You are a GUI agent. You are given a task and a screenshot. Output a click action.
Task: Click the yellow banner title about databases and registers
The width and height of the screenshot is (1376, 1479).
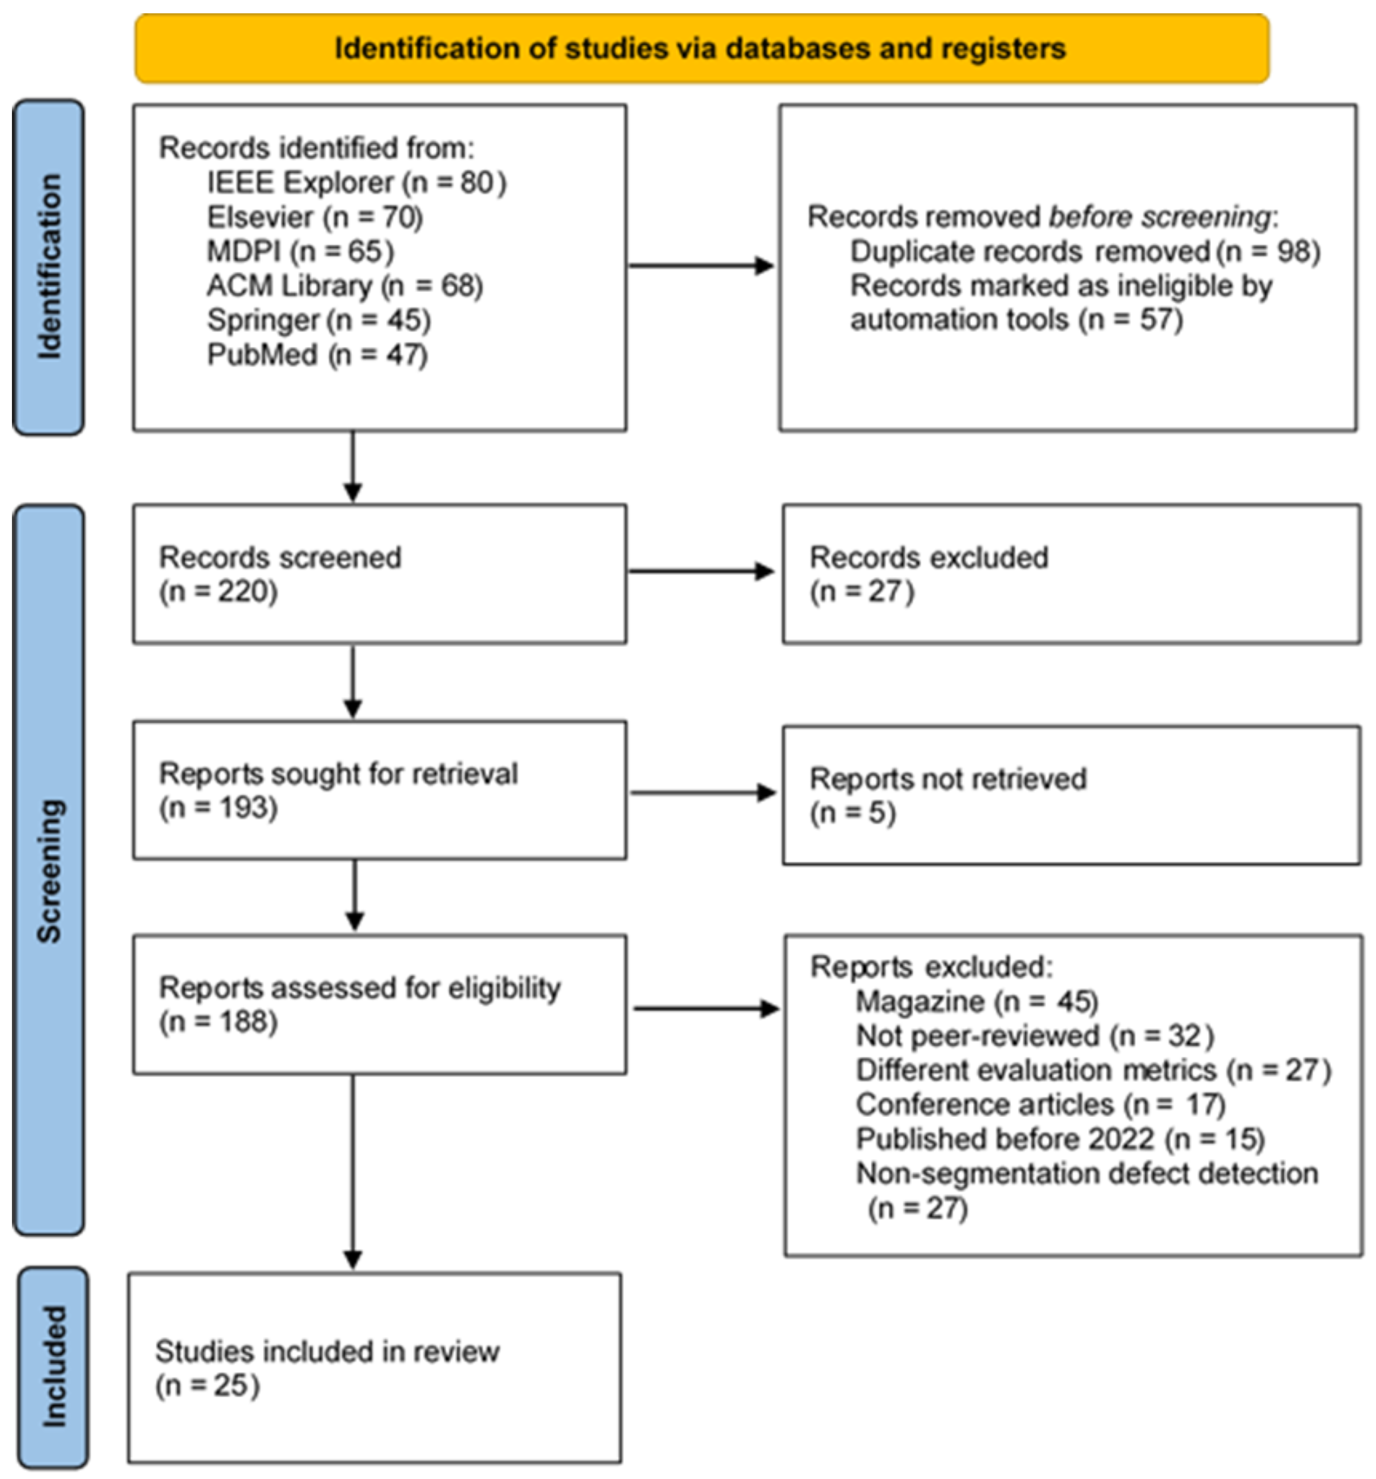pos(700,48)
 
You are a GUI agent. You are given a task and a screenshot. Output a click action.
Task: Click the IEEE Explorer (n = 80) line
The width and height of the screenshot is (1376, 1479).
pos(356,182)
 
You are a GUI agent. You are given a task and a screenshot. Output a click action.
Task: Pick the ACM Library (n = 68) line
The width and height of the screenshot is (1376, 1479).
pos(344,286)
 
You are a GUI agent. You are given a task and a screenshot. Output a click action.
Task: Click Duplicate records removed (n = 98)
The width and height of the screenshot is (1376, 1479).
pos(1084,251)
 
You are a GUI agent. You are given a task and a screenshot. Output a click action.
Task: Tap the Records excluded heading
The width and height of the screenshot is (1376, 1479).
pos(928,557)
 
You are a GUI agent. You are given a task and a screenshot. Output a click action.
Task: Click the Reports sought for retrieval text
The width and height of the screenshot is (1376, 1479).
pos(338,774)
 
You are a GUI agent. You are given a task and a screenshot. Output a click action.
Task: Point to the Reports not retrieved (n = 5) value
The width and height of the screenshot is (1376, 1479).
pos(853,813)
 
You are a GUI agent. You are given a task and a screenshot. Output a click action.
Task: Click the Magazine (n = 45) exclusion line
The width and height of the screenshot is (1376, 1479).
pos(976,1001)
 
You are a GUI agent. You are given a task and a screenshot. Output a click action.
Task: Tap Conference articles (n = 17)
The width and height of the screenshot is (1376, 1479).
pos(1040,1105)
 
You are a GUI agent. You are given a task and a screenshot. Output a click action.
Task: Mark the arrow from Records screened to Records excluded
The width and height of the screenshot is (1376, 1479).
pos(701,571)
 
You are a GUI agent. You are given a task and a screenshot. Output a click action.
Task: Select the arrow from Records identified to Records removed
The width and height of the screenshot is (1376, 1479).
pos(701,266)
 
